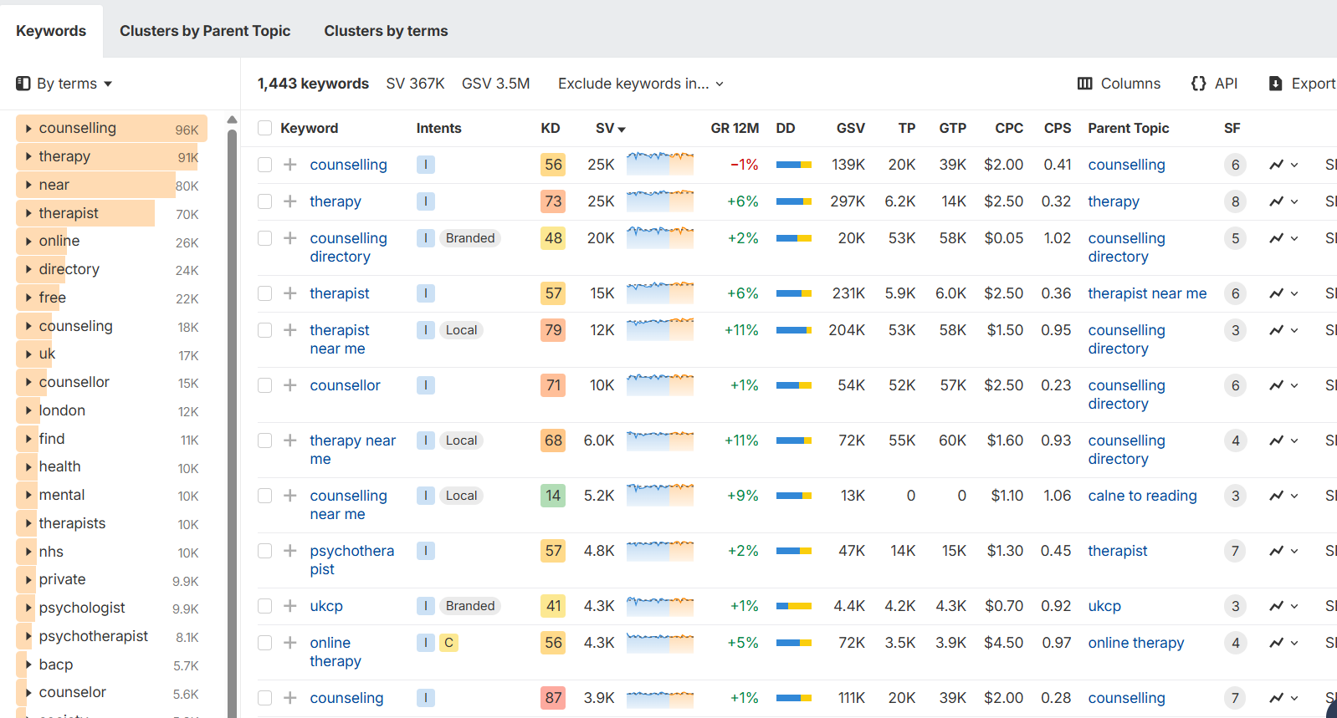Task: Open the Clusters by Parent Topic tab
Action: (205, 31)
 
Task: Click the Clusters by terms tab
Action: (386, 31)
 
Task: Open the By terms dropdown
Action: (64, 84)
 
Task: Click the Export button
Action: (1303, 84)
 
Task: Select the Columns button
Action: (1119, 84)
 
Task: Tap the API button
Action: (1214, 84)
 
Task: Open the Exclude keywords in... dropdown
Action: (641, 84)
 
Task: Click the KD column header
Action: (550, 128)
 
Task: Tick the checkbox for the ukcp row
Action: (265, 606)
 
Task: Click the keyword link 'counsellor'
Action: (345, 385)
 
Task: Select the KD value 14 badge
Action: (553, 496)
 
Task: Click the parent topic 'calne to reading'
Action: (1142, 496)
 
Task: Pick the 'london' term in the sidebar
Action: (62, 410)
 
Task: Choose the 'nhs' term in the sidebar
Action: (51, 552)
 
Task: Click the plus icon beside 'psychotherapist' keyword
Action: (290, 551)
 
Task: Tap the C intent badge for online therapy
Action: (448, 643)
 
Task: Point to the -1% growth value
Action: (744, 165)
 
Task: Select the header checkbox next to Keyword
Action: (265, 128)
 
